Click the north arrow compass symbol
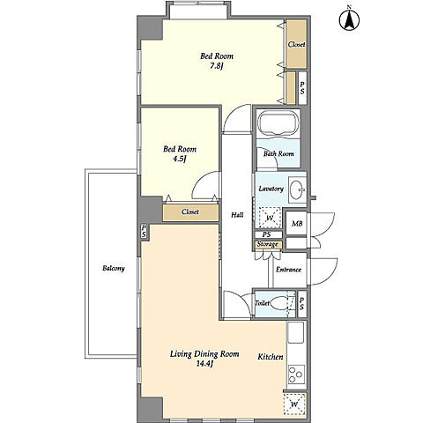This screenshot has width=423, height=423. click(349, 19)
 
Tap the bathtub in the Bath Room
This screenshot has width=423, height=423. click(278, 124)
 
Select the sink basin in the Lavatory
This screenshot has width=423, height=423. click(297, 189)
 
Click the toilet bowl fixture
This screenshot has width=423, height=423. click(279, 304)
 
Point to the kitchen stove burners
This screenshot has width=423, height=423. click(296, 375)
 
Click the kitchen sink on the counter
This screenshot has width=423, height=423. click(295, 332)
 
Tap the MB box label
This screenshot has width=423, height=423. click(297, 224)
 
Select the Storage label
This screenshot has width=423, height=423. click(268, 244)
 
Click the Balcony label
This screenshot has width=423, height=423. click(114, 268)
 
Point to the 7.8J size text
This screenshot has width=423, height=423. click(217, 66)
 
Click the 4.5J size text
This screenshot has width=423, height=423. click(180, 159)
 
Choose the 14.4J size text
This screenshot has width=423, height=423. click(204, 364)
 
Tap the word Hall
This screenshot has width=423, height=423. click(237, 215)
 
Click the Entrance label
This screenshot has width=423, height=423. click(288, 270)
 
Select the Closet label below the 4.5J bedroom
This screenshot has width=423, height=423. click(190, 211)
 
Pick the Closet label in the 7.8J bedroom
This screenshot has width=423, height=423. click(296, 44)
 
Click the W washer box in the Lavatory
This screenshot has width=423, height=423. click(270, 218)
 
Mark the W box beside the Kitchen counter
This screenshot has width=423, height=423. click(294, 404)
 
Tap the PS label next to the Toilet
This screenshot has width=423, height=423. click(302, 303)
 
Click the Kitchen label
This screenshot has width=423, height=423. click(271, 357)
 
